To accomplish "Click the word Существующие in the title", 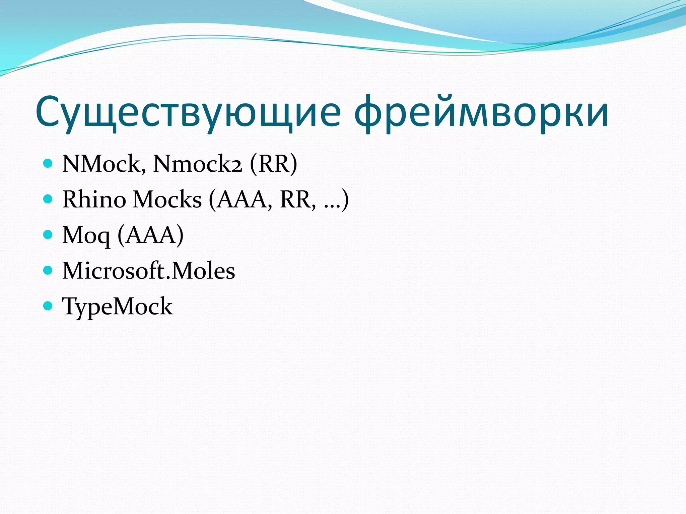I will (188, 112).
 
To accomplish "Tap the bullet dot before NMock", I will (48, 163).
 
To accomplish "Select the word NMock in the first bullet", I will (104, 164).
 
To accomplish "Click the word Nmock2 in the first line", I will (197, 164).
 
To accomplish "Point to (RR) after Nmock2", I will (273, 164).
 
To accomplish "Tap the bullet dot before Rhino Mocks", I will (48, 199).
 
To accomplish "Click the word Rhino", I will (94, 199).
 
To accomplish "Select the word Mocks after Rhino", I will (167, 199).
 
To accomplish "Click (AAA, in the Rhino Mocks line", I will (240, 199).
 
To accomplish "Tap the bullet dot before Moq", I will (48, 235).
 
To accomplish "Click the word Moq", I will (86, 236).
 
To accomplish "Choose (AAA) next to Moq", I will (150, 235).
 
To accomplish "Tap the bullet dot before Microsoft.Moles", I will (48, 270).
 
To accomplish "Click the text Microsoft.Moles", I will (149, 271).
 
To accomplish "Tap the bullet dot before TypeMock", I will (48, 306).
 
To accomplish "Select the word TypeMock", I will (117, 307).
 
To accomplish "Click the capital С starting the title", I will (50, 112).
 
